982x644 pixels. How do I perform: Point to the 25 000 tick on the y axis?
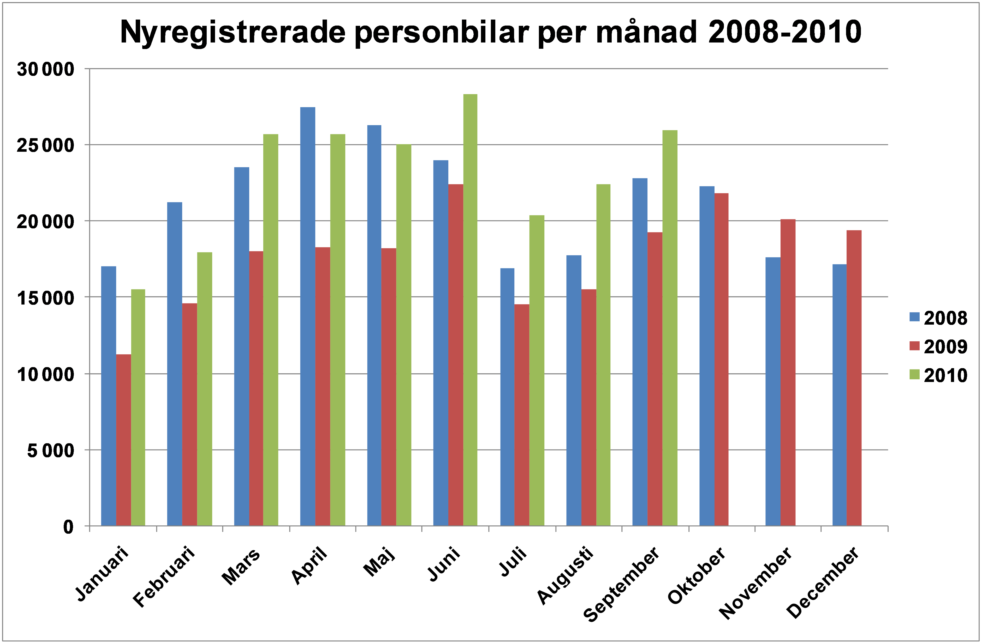[x=45, y=145]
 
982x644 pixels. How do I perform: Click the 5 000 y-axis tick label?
[x=51, y=451]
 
